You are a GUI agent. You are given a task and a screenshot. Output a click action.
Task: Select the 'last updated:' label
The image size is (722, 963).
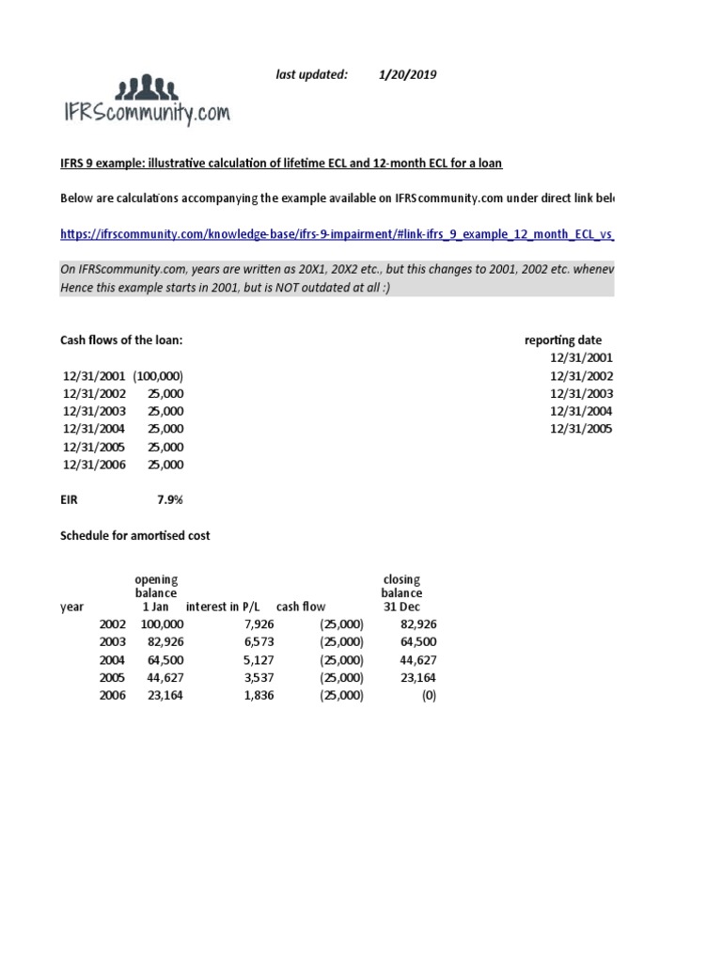(x=312, y=75)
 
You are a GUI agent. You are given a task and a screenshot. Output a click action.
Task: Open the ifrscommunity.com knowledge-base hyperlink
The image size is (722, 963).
(x=337, y=234)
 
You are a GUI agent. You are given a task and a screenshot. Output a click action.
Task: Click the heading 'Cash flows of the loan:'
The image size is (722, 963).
(x=128, y=340)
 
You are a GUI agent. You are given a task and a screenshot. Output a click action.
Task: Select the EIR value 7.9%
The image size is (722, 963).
(x=169, y=500)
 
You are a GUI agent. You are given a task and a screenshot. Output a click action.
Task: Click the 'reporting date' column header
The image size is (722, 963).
(x=563, y=340)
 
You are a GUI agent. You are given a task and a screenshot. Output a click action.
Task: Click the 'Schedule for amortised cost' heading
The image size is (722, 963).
(x=135, y=536)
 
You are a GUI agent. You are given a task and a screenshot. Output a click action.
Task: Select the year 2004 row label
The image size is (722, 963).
(x=112, y=660)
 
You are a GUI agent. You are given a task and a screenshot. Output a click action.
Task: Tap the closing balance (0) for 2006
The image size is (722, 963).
(x=428, y=696)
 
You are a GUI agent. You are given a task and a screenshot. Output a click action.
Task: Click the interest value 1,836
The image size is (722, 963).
(x=258, y=696)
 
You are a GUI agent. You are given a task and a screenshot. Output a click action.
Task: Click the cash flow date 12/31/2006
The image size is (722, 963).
(x=94, y=466)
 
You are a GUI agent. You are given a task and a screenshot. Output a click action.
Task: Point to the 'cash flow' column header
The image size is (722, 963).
(x=301, y=608)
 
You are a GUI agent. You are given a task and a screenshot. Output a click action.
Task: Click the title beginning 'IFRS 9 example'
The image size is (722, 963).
(x=281, y=164)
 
